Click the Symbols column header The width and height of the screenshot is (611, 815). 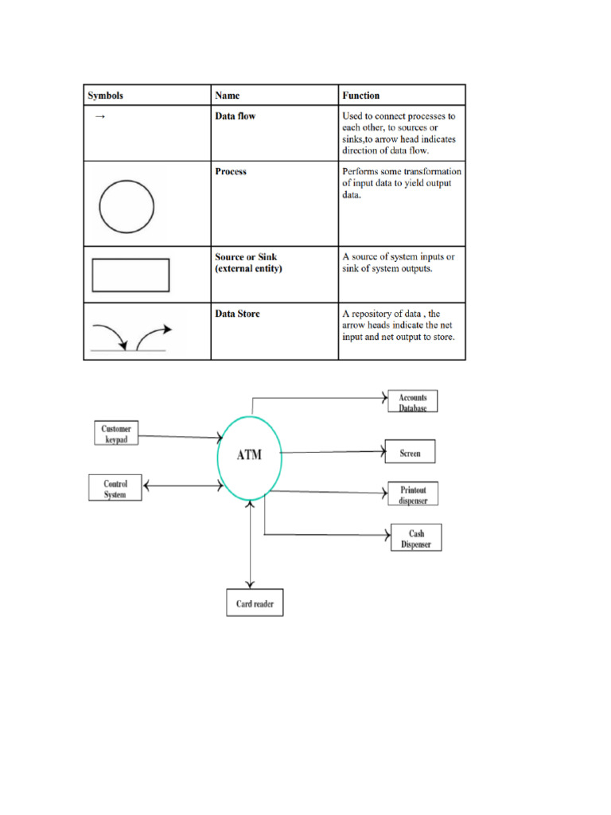(x=106, y=96)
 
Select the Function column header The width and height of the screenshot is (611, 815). (x=361, y=96)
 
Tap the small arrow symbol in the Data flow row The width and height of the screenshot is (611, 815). (x=100, y=117)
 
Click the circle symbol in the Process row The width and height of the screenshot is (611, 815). (x=126, y=205)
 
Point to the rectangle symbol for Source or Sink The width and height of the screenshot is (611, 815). (x=130, y=276)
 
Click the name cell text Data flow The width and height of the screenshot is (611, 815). (x=235, y=116)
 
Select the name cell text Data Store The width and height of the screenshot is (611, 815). (x=237, y=314)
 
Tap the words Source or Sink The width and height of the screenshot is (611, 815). (x=246, y=257)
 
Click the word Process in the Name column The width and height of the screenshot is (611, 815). (x=231, y=171)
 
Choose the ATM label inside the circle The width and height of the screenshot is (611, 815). (x=248, y=456)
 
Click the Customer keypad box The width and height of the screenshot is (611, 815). (x=116, y=434)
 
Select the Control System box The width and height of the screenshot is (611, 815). (x=115, y=488)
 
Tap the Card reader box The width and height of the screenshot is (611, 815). (x=255, y=604)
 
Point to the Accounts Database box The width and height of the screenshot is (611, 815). (x=412, y=402)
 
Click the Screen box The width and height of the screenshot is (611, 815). (x=410, y=453)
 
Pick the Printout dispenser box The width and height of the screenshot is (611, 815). (x=413, y=495)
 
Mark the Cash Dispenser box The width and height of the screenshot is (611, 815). (x=416, y=539)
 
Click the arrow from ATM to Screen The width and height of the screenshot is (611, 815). (x=334, y=453)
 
